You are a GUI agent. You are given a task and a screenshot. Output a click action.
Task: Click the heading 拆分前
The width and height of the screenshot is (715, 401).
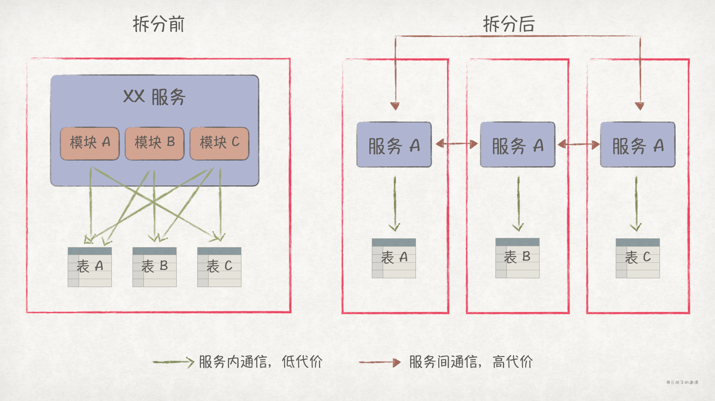(159, 24)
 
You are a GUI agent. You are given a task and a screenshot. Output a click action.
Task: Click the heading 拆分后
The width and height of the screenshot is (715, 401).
(508, 24)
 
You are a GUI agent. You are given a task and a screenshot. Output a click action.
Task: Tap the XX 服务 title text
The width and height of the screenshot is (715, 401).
(154, 97)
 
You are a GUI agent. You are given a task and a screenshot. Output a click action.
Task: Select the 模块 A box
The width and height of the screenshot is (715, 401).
(90, 143)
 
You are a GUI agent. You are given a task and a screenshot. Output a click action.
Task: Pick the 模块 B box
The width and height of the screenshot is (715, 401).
(154, 143)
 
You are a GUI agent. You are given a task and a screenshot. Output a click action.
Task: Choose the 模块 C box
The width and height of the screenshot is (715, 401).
(219, 143)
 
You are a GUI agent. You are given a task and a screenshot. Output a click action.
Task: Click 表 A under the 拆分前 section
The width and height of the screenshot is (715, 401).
(90, 267)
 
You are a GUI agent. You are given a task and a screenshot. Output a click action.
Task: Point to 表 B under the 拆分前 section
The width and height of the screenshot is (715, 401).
(154, 267)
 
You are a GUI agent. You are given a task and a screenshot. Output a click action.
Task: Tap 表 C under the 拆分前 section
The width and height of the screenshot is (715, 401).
(219, 267)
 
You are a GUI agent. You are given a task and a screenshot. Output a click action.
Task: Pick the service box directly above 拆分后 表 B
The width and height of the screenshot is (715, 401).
(517, 145)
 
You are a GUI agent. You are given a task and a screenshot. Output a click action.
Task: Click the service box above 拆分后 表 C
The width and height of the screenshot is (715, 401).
(638, 145)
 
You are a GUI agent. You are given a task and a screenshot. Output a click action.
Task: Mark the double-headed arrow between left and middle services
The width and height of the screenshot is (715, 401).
(456, 144)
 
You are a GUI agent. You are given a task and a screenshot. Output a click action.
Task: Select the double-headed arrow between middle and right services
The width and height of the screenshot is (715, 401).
(578, 145)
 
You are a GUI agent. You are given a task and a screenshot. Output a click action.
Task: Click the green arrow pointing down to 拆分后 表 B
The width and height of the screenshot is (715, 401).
(518, 204)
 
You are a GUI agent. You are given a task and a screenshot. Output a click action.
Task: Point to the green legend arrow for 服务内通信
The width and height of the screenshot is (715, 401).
(172, 362)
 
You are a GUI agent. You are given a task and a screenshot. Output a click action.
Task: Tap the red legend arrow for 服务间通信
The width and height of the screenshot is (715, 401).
(379, 362)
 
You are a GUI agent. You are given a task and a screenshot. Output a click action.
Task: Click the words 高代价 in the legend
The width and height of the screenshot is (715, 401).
(512, 361)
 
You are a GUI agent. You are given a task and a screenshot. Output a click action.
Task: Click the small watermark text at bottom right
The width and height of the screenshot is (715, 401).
(682, 383)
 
